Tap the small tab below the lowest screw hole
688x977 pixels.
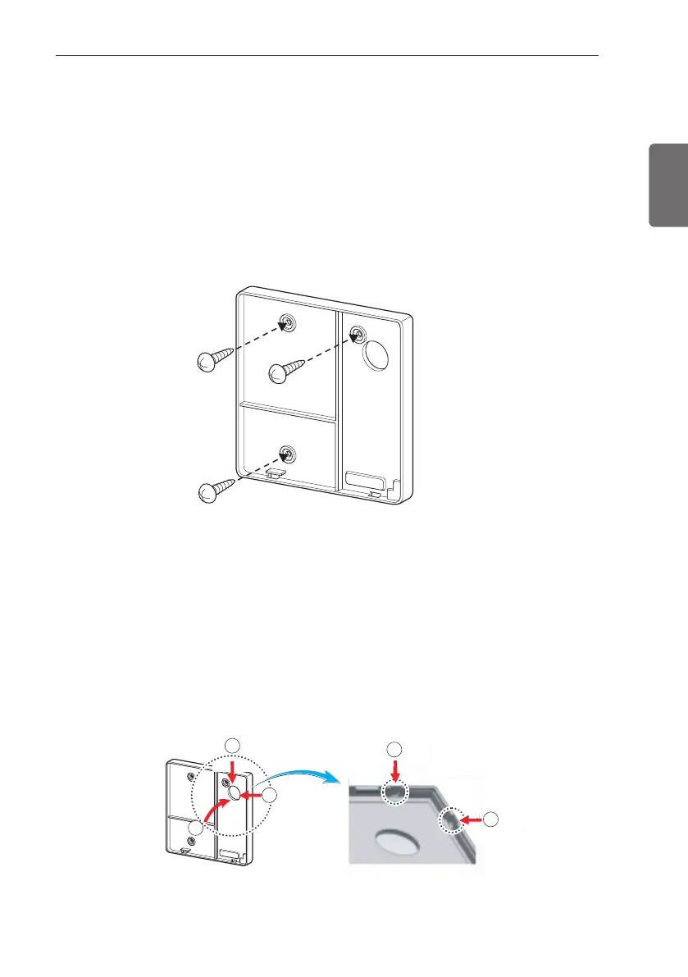(275, 474)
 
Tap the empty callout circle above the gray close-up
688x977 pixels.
(395, 748)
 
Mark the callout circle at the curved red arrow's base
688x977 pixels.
(195, 829)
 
